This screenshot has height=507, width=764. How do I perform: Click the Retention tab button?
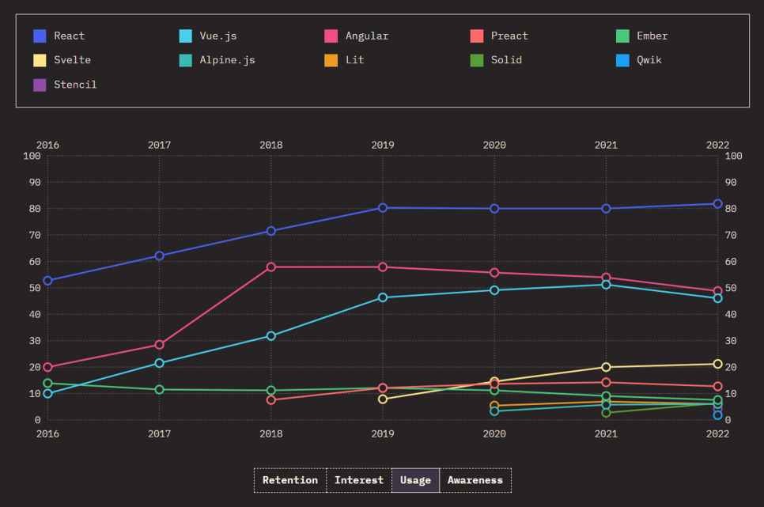point(290,480)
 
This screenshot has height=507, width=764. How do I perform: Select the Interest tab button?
point(359,480)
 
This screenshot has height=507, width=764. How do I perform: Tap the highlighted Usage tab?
point(415,480)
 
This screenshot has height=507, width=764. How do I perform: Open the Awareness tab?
point(475,480)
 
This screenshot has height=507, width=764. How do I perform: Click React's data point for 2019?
point(383,208)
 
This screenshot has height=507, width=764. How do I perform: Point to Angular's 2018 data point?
point(271,267)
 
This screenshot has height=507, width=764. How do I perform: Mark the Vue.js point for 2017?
point(160,363)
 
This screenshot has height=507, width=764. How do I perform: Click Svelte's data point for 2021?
point(606,367)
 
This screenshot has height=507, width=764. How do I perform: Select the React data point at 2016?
point(48,281)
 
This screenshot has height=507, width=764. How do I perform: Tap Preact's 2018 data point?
point(271,400)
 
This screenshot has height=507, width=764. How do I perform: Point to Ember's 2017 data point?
point(160,390)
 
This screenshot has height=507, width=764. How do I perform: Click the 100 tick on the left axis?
point(32,156)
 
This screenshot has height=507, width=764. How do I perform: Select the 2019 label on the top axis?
point(383,146)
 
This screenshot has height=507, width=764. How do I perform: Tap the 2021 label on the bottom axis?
point(606,433)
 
